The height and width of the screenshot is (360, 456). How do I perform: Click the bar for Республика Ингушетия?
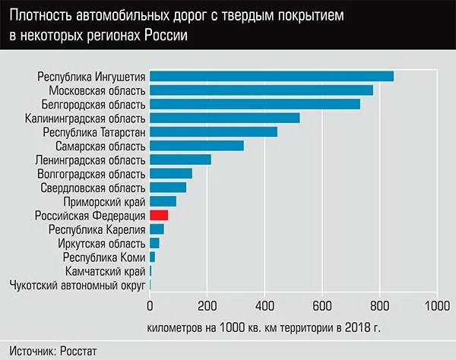click(x=271, y=76)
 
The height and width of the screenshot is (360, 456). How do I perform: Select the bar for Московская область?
click(x=261, y=90)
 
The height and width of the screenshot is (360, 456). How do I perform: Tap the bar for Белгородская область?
click(x=255, y=104)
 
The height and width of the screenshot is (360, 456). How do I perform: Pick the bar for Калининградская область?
click(x=224, y=118)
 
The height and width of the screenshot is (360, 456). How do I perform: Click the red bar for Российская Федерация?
click(x=159, y=216)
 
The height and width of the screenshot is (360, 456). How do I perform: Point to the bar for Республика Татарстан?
click(x=213, y=131)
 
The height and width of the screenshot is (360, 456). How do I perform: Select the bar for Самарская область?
click(x=196, y=146)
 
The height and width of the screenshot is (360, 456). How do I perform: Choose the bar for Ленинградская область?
click(x=180, y=159)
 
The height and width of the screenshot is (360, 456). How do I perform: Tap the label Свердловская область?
click(x=93, y=188)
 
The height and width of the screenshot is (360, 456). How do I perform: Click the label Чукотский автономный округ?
click(x=77, y=285)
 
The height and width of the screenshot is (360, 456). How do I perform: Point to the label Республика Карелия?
click(x=96, y=229)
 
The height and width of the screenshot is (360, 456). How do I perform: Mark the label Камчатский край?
click(x=104, y=271)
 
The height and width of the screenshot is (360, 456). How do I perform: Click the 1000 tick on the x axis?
click(x=436, y=306)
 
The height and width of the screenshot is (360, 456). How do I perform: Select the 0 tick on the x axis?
click(x=150, y=306)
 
